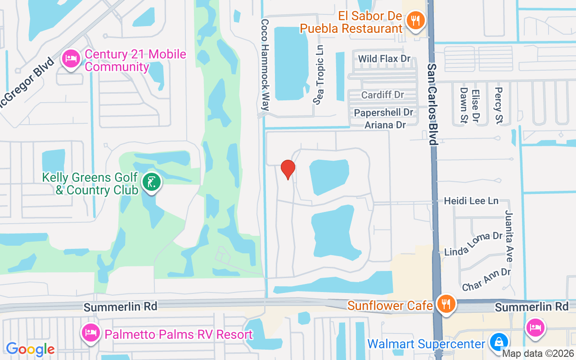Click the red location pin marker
(x=288, y=169)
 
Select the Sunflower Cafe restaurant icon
(x=445, y=304)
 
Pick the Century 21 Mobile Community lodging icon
(x=71, y=58)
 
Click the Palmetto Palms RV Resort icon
(x=90, y=333)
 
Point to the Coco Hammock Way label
(x=265, y=65)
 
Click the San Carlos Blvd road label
(x=432, y=104)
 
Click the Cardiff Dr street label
(x=382, y=95)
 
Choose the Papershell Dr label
(x=383, y=112)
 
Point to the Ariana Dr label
(x=385, y=125)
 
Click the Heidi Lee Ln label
(x=471, y=201)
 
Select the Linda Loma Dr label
(x=473, y=244)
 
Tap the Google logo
(x=30, y=349)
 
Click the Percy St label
(x=498, y=105)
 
